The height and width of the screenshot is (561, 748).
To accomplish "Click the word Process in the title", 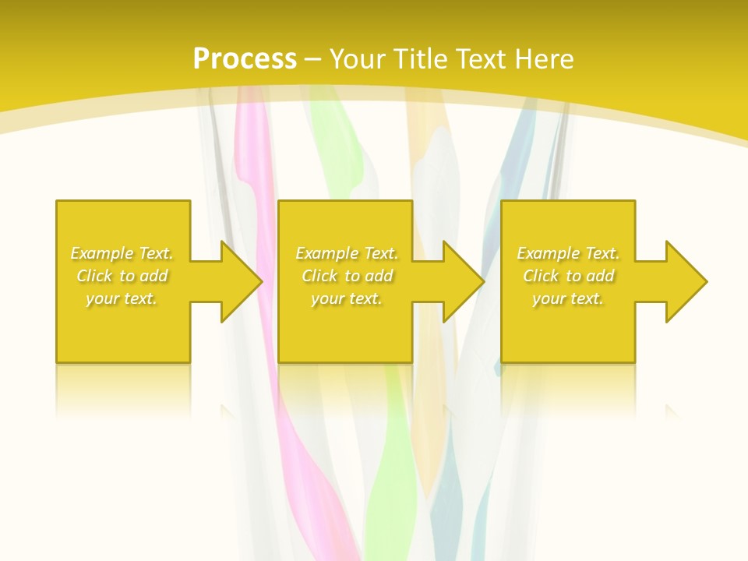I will click(245, 59).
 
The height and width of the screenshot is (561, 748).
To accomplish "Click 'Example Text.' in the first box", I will click(122, 253).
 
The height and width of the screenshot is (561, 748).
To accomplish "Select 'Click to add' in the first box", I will click(122, 276).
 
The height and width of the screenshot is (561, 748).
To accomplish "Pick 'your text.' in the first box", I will click(122, 298).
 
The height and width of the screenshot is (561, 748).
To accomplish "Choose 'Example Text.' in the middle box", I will click(347, 253).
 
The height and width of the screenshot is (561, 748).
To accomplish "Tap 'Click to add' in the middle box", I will click(347, 276).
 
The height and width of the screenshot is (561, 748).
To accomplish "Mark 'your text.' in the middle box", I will click(347, 298).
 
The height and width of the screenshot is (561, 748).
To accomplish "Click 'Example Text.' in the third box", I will click(568, 253).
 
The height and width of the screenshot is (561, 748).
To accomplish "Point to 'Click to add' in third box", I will click(568, 276).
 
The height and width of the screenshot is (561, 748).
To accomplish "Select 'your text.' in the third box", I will click(568, 298).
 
